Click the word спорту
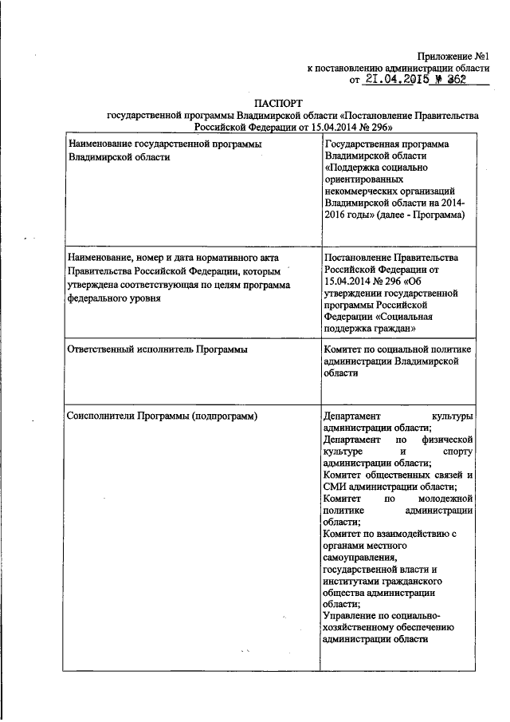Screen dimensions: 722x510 [457, 451]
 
